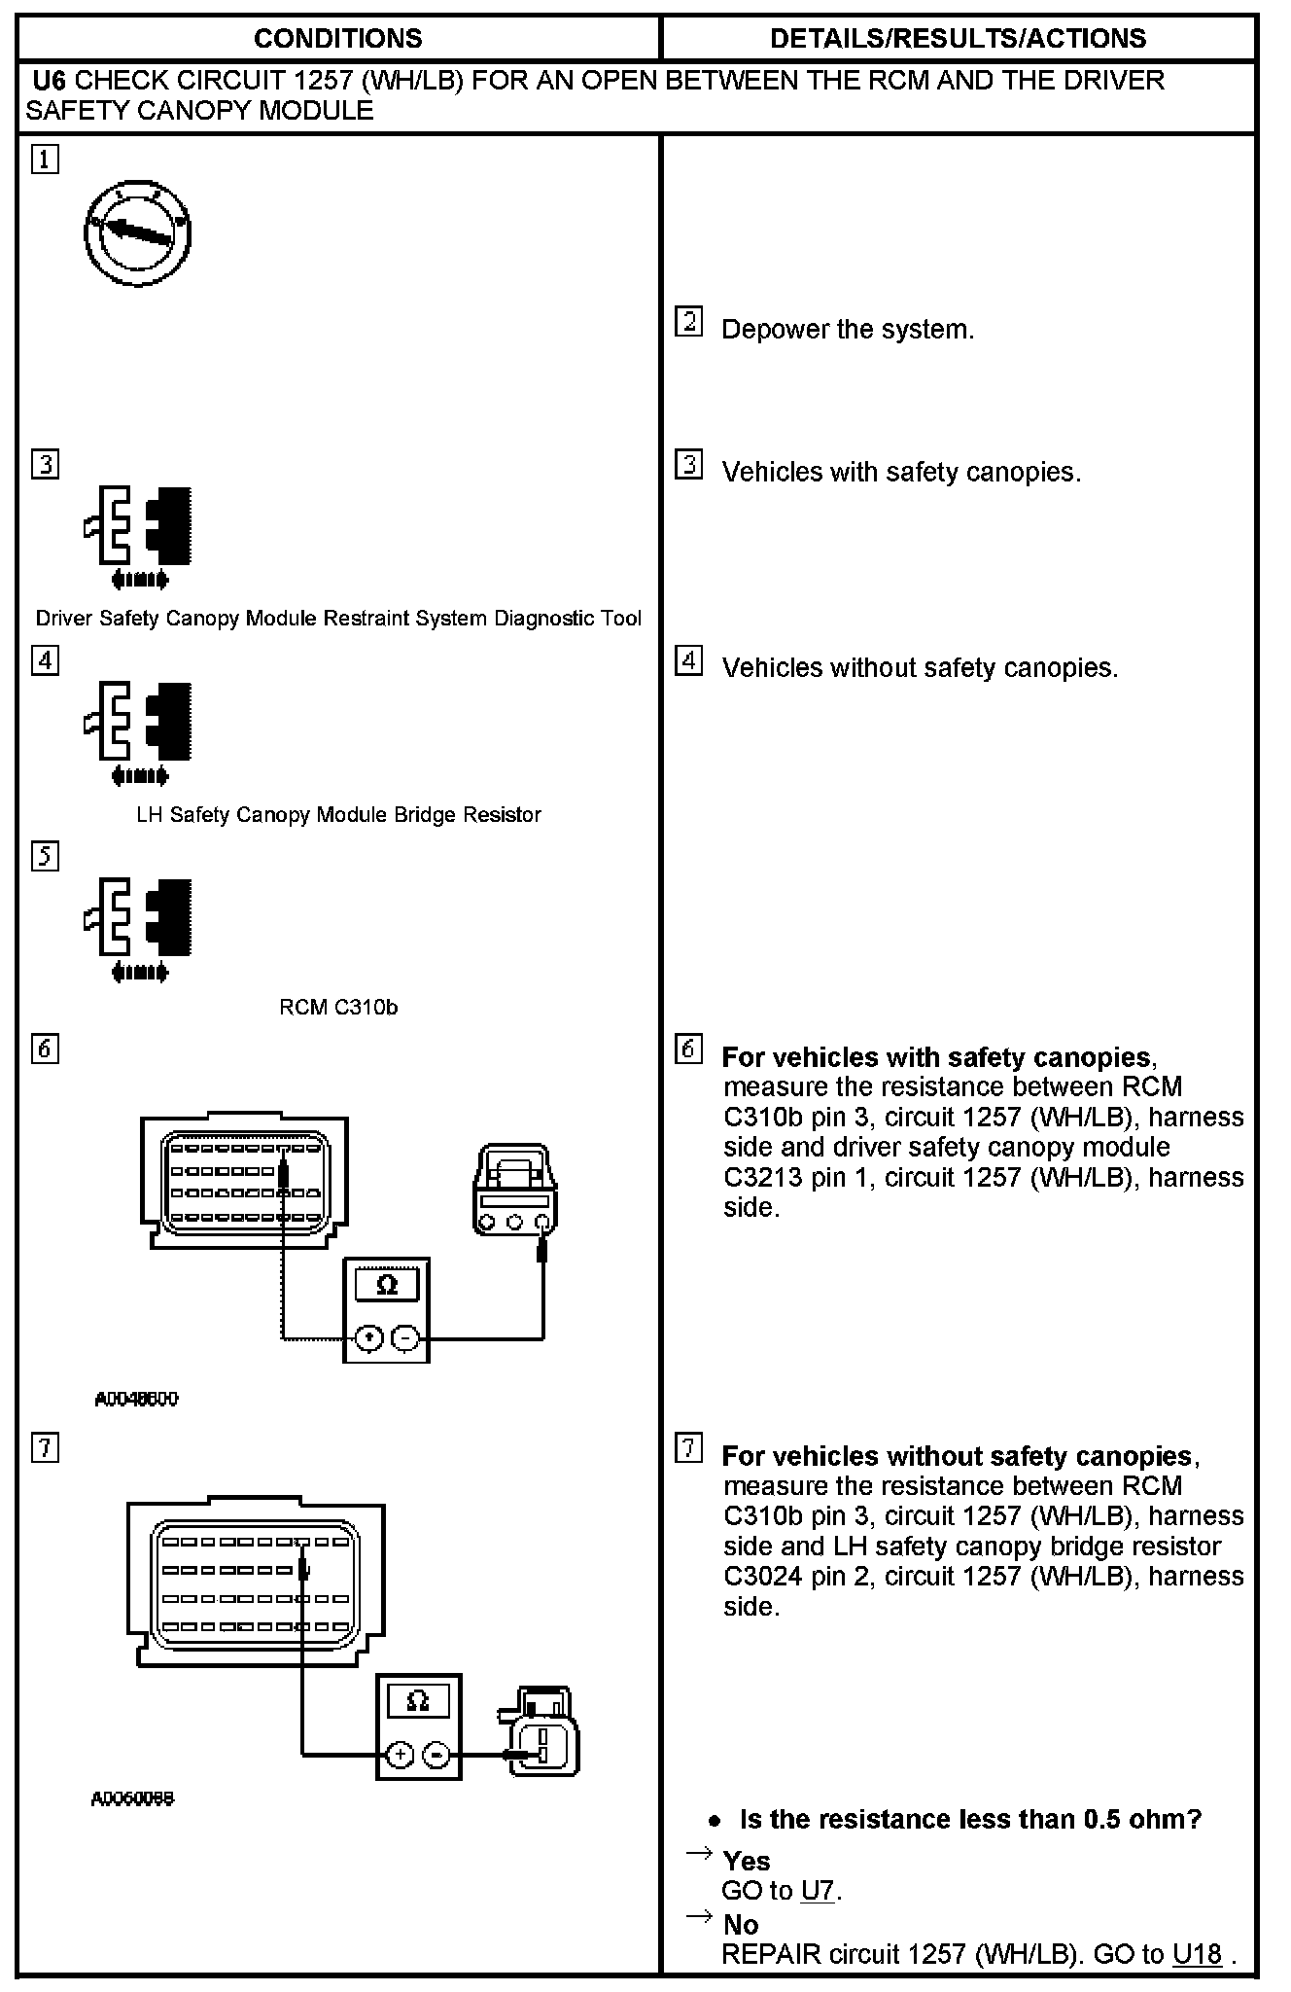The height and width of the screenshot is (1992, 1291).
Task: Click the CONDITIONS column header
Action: coord(337,39)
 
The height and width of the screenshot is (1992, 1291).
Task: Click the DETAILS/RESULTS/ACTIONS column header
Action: coord(958,39)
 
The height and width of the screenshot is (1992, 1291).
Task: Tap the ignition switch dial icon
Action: coord(137,233)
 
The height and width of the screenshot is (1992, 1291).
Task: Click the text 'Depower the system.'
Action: coord(847,330)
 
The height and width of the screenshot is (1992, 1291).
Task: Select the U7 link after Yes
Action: coord(819,1891)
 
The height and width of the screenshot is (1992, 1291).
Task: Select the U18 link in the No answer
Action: coord(1197,1954)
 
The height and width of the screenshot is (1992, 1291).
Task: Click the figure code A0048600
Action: coord(136,1399)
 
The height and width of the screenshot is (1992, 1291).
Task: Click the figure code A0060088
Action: coord(132,1798)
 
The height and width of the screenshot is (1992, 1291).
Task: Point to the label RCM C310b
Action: coord(338,1008)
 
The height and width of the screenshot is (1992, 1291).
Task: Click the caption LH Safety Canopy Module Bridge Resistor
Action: coord(338,815)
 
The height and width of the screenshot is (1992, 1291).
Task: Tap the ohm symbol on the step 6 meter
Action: coord(387,1285)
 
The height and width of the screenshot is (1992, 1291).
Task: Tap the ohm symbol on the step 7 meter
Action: coord(418,1701)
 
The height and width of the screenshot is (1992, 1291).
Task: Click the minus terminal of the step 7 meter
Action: coord(438,1755)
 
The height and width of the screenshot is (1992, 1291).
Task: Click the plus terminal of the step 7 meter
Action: coord(400,1755)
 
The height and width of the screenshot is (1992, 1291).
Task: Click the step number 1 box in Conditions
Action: coord(45,160)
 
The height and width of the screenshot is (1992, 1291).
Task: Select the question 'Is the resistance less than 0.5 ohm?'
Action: coord(970,1819)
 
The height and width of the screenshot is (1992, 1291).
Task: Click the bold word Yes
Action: coord(747,1861)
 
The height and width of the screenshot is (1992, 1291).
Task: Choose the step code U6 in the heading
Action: coord(50,80)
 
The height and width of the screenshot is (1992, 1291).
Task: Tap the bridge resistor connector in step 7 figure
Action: coord(544,1736)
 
